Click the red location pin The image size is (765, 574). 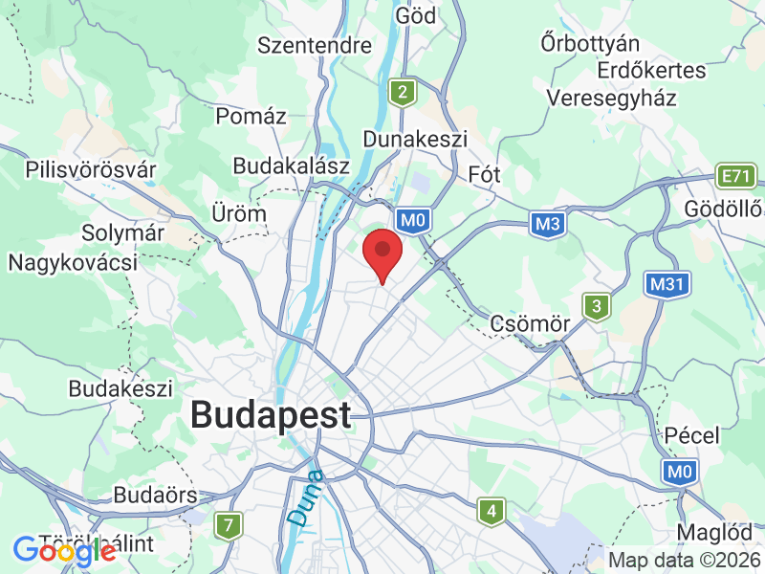[x=383, y=252]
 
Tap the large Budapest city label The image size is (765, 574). [x=271, y=415]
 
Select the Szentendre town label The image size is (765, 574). [x=315, y=45]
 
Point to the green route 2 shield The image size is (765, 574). [x=404, y=92]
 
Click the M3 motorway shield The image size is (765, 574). [x=546, y=223]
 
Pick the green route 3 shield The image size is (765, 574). [x=598, y=307]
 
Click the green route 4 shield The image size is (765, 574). [x=492, y=512]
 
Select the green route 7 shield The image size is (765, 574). [x=228, y=525]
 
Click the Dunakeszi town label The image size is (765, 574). [x=415, y=139]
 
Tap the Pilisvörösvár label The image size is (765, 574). [x=91, y=170]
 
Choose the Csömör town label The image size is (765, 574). [x=530, y=323]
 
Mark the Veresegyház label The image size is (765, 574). [x=612, y=98]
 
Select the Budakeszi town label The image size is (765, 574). [x=120, y=389]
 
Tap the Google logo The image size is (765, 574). [x=64, y=551]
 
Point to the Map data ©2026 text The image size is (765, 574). [x=685, y=561]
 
